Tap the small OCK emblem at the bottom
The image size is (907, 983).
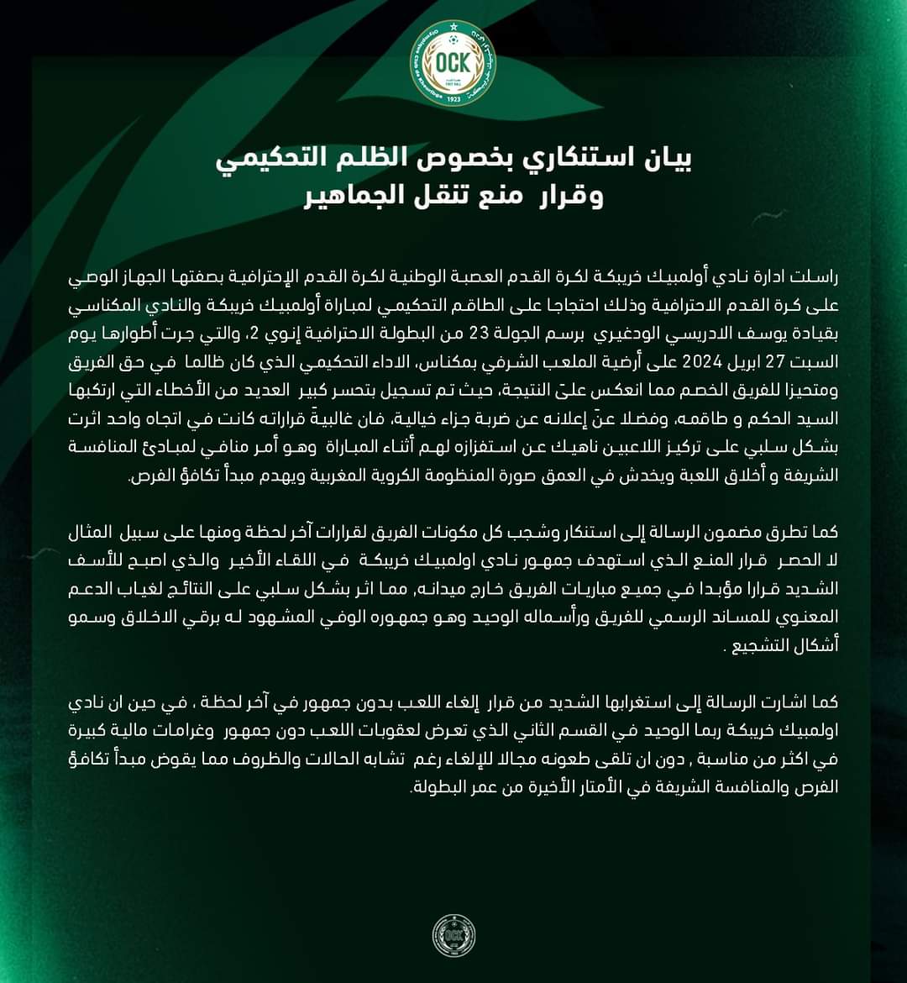[x=453, y=934]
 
